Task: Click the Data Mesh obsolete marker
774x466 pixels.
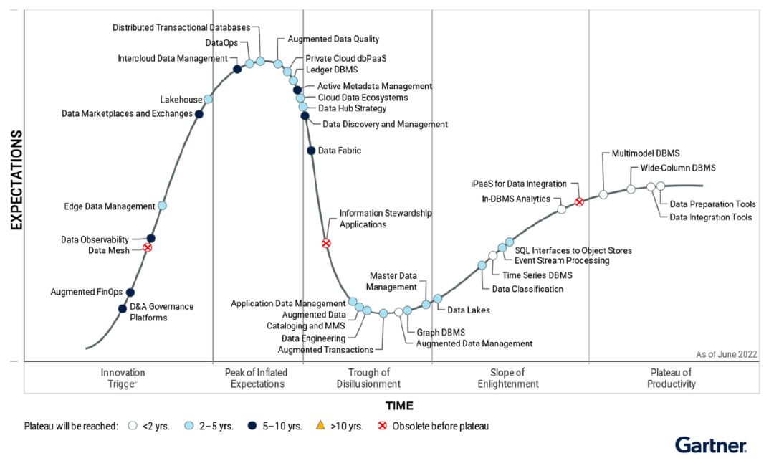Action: tap(148, 248)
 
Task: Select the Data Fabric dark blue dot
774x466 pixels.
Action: tap(311, 151)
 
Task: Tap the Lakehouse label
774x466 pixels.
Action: tap(181, 100)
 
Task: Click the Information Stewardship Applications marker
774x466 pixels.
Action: tap(326, 244)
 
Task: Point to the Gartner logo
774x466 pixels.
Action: tap(710, 445)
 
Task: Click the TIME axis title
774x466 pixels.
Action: tap(399, 406)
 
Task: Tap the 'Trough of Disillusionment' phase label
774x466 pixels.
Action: tap(368, 378)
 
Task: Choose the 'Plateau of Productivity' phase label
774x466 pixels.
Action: tap(671, 378)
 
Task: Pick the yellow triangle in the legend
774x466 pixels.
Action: tap(320, 426)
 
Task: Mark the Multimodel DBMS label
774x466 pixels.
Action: tap(646, 153)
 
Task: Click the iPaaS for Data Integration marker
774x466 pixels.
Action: tap(579, 202)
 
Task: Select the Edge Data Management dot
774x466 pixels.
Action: tap(162, 206)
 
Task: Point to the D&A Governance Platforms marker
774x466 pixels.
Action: tap(123, 309)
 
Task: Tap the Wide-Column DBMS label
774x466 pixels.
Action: tap(673, 168)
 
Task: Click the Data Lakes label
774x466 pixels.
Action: tap(469, 310)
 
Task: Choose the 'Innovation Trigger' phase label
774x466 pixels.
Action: tap(123, 378)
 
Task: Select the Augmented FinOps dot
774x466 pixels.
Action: tap(130, 293)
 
